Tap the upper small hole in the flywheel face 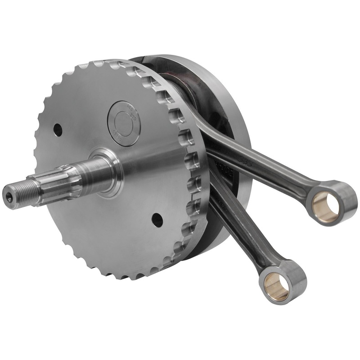pyautogui.click(x=58, y=130)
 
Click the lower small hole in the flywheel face pyautogui.click(x=157, y=220)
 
